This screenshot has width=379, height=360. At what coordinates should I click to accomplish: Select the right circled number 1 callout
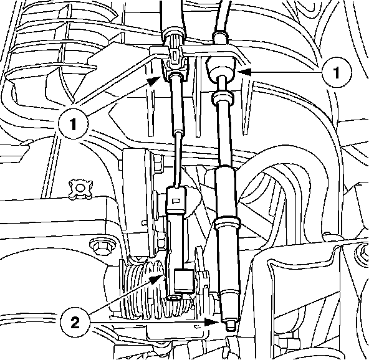coord(336,72)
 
